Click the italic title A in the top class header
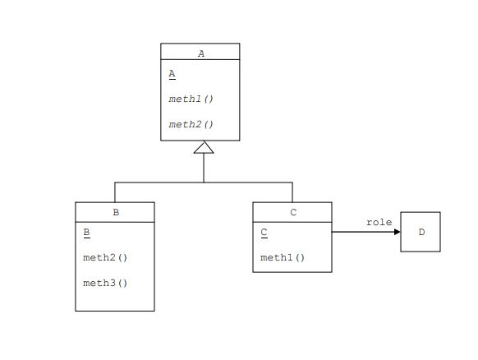click(x=201, y=53)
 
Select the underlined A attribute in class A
click(x=172, y=74)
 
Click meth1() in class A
click(x=191, y=99)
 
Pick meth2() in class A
click(x=191, y=125)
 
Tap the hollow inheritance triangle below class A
click(x=204, y=148)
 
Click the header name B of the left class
click(x=116, y=212)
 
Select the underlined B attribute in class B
click(x=86, y=233)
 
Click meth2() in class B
click(x=105, y=257)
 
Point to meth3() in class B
click(x=105, y=284)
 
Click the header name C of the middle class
click(x=293, y=212)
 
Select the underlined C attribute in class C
click(x=264, y=233)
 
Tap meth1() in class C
click(x=283, y=257)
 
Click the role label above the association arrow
click(x=379, y=222)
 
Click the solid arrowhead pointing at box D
click(x=397, y=232)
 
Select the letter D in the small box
click(x=421, y=232)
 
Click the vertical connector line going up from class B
click(x=115, y=192)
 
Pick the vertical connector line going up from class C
click(x=292, y=192)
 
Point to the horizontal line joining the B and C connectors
click(x=164, y=182)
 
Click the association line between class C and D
click(x=361, y=232)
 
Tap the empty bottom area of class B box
click(x=115, y=301)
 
